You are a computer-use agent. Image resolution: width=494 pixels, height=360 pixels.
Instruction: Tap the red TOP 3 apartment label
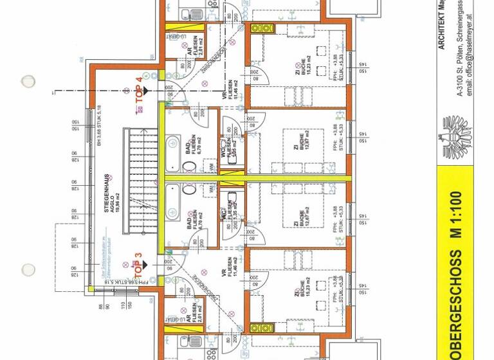coord(138,264)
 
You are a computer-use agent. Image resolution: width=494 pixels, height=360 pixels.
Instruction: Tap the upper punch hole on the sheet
coord(28,82)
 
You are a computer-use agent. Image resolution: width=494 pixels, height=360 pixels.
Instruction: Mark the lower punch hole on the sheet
coord(28,269)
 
